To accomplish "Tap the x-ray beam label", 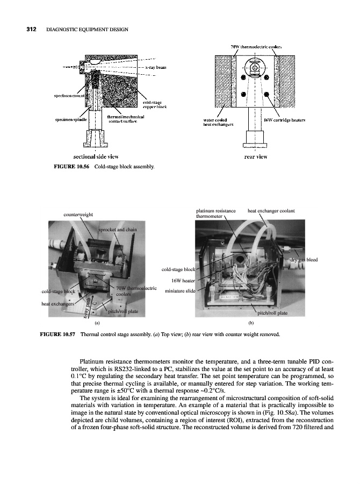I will pyautogui.click(x=155, y=67).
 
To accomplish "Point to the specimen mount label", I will pyautogui.click(x=67, y=95).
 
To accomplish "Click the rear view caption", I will pyautogui.click(x=256, y=156).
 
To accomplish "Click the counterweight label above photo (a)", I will pyautogui.click(x=78, y=214).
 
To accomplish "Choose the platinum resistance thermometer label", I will pyautogui.click(x=216, y=213).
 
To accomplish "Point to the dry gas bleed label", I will pyautogui.click(x=304, y=260).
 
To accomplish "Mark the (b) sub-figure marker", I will pyautogui.click(x=250, y=323).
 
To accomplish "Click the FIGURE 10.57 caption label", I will pyautogui.click(x=59, y=334).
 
